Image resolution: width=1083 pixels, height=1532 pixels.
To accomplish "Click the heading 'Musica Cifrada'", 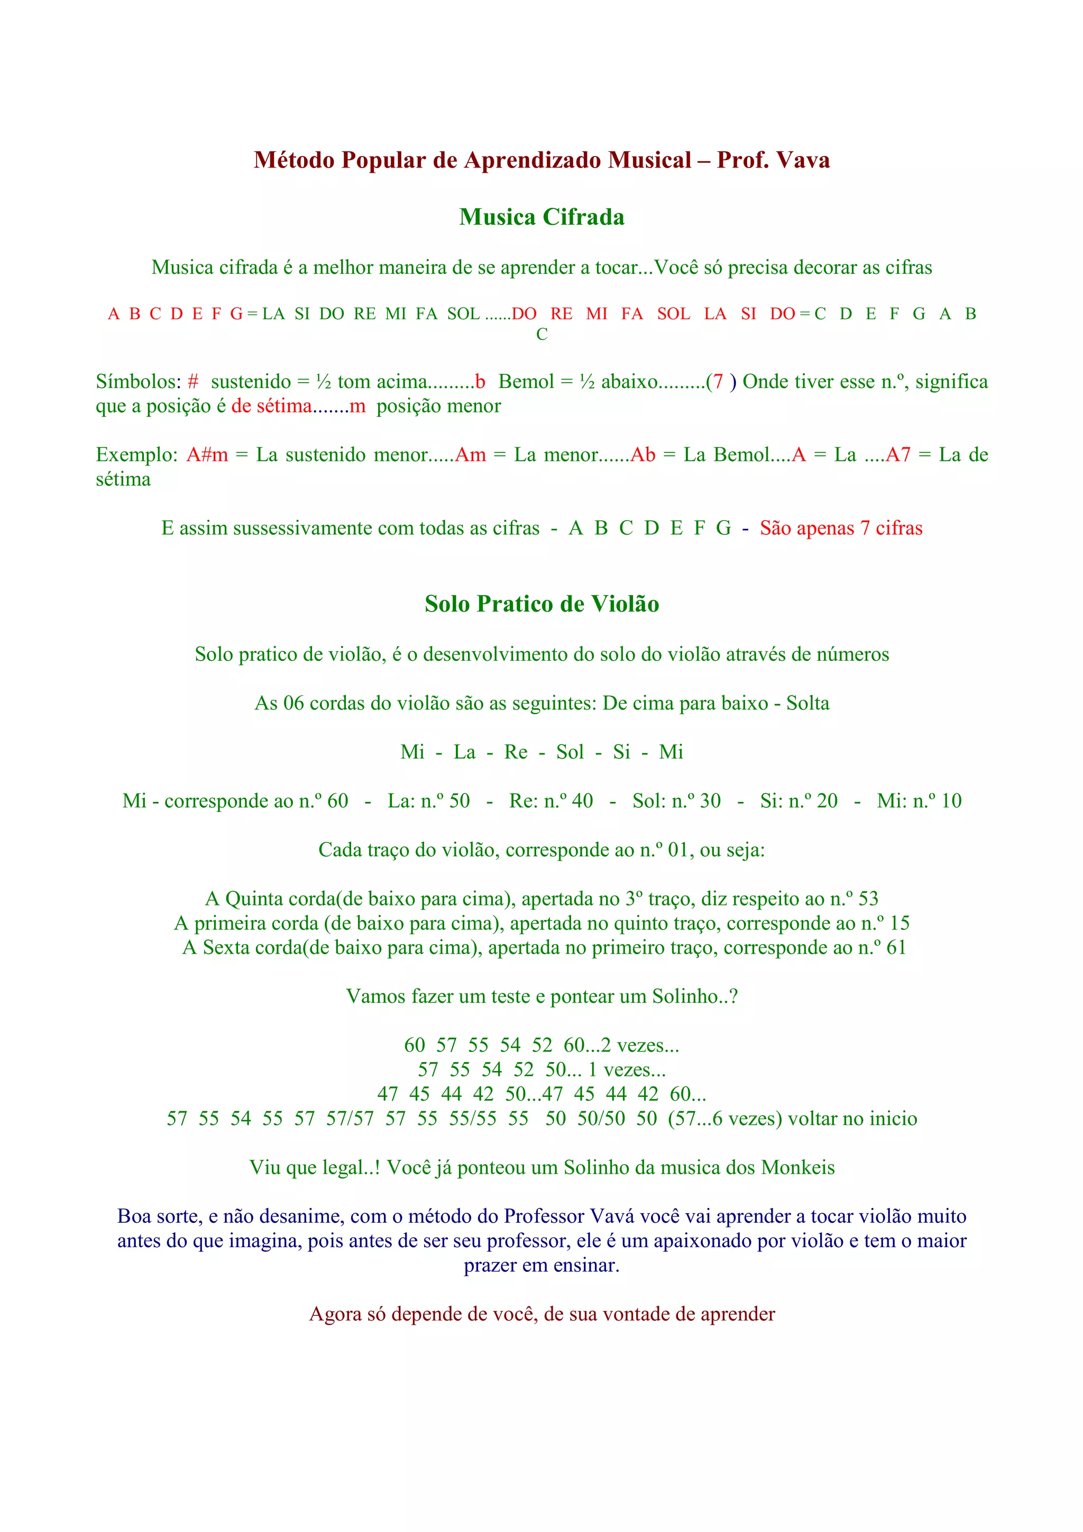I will click(541, 217).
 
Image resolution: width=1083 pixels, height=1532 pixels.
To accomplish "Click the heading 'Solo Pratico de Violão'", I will click(541, 603).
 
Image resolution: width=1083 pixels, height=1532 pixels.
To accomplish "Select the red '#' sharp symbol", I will click(193, 382).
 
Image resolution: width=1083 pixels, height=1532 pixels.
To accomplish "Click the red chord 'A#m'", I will click(207, 455).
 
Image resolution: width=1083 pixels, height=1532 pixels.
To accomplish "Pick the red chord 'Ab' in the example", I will click(643, 455).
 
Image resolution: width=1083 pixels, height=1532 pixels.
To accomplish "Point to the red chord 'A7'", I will click(897, 455).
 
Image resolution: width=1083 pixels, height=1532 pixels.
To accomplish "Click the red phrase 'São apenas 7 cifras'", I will click(841, 529).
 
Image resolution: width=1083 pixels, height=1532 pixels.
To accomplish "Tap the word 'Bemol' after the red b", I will click(526, 382).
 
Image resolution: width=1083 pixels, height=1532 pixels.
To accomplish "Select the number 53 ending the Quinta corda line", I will click(868, 899).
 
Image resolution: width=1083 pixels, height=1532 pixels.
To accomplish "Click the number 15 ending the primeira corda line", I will click(900, 924).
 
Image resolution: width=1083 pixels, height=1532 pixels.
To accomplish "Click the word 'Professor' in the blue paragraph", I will click(545, 1216).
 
